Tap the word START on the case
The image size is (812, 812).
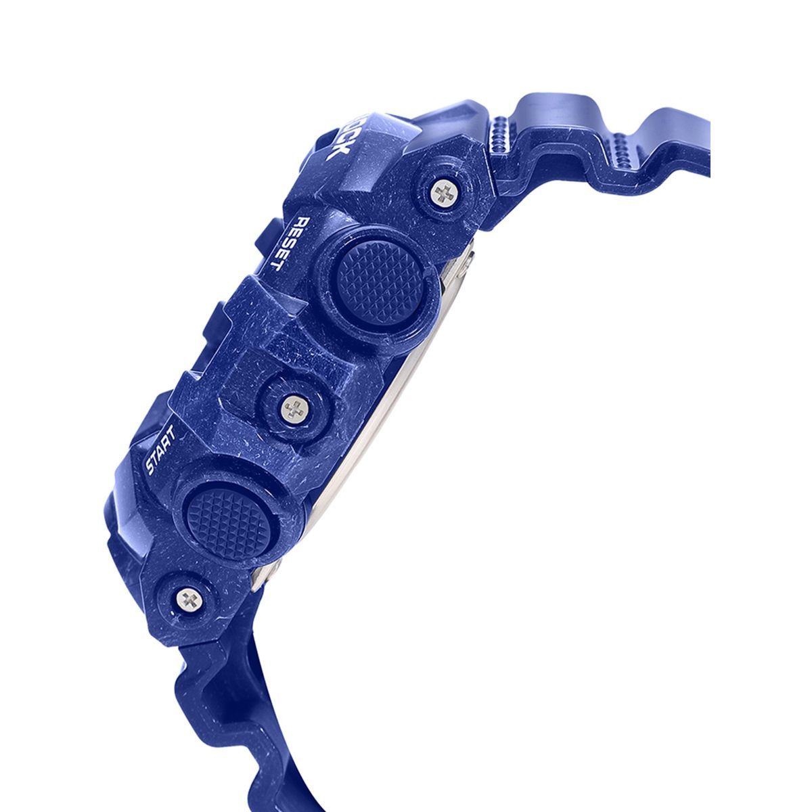(x=160, y=450)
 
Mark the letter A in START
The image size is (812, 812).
(x=160, y=450)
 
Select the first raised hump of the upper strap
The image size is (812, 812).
(x=541, y=112)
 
